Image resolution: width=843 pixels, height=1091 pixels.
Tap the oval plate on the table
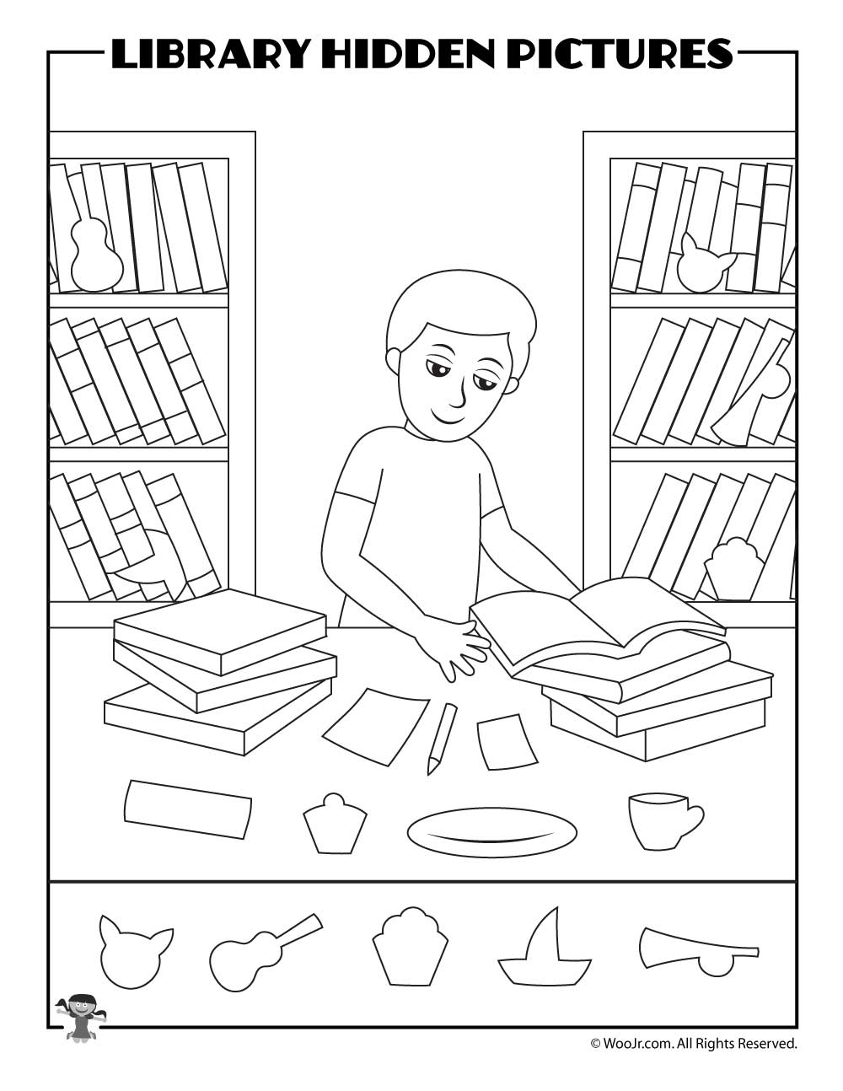coord(491,833)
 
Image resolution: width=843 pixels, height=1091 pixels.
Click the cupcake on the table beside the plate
coord(335,824)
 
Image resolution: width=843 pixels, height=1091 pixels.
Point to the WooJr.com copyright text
coord(693,1044)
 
